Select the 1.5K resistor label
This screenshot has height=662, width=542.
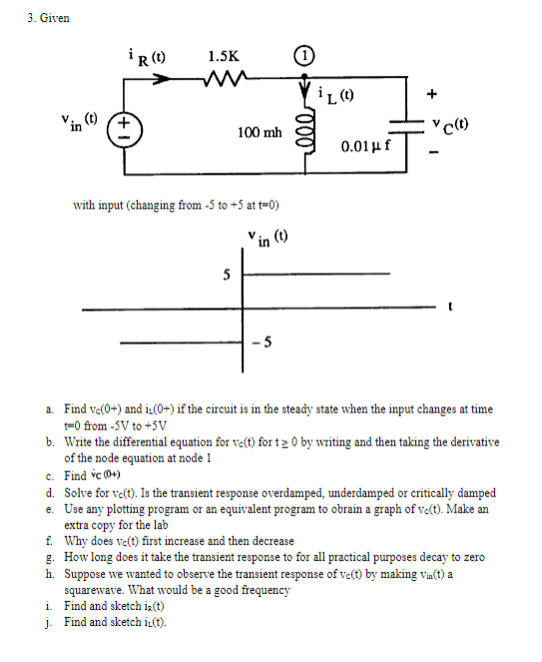tap(223, 57)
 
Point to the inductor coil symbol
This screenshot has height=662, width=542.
tap(305, 133)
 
